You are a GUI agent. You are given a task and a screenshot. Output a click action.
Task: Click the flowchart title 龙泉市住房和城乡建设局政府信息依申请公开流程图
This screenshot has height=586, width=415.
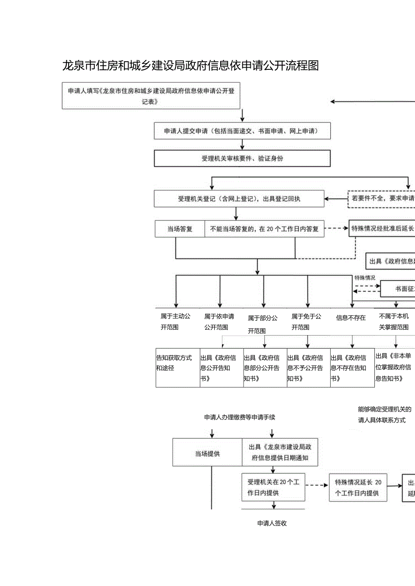(x=190, y=66)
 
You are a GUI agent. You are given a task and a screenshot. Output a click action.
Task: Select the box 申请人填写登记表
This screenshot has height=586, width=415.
(x=151, y=95)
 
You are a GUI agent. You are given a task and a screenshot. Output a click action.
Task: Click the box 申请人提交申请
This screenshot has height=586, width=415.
(x=242, y=131)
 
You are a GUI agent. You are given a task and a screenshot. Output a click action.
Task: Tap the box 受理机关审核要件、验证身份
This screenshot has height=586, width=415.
(x=242, y=159)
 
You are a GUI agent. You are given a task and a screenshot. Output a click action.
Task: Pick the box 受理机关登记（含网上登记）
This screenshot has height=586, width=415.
(x=239, y=199)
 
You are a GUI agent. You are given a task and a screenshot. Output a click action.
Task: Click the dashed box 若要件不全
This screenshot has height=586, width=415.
(x=382, y=199)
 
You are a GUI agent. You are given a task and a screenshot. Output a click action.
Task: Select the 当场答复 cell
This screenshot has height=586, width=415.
(x=180, y=229)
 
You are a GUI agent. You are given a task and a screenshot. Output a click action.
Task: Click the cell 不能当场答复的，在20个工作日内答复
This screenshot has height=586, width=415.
(x=264, y=229)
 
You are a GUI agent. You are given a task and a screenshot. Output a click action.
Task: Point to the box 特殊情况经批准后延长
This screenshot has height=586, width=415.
(x=382, y=228)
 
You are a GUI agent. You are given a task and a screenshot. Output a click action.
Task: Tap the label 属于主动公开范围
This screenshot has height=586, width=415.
(x=175, y=322)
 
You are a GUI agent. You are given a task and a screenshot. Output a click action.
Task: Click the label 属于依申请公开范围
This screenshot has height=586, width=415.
(x=219, y=322)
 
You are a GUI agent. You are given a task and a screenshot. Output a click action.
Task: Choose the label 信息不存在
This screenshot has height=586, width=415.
(x=351, y=318)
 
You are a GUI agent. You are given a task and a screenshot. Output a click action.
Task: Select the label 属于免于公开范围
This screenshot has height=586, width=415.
(x=306, y=322)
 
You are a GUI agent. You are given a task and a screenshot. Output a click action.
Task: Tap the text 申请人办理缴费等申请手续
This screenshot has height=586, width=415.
(x=240, y=418)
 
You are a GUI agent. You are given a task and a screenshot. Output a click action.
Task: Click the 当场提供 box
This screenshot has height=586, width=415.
(x=207, y=454)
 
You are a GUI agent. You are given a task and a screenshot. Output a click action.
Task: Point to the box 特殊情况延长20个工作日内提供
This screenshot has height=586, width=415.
(x=358, y=487)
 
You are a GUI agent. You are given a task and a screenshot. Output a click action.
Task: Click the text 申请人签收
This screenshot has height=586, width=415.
(x=272, y=523)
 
